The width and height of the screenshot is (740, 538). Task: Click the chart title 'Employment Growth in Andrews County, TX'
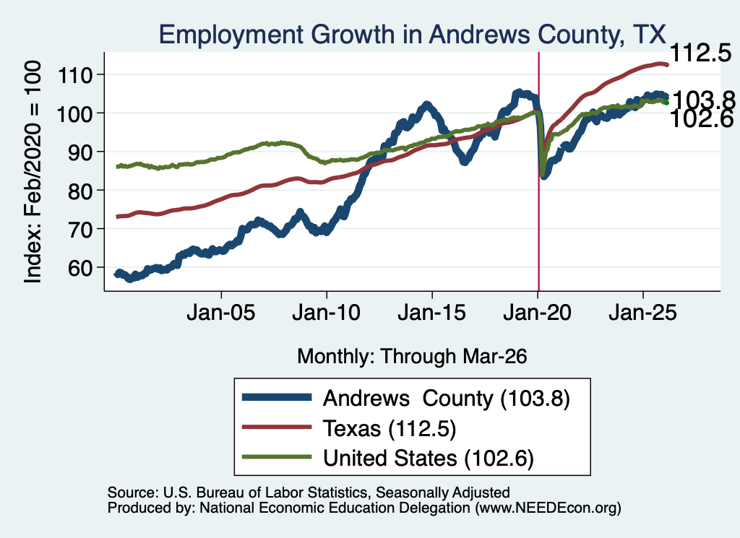pyautogui.click(x=412, y=35)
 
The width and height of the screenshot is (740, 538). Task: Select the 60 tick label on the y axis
pyautogui.click(x=80, y=268)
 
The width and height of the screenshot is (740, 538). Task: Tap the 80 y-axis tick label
pyautogui.click(x=80, y=191)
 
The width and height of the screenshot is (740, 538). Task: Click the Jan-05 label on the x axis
pyautogui.click(x=221, y=313)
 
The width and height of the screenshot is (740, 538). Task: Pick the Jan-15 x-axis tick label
pyautogui.click(x=432, y=313)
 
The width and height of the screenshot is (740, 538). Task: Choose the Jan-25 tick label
pyautogui.click(x=642, y=313)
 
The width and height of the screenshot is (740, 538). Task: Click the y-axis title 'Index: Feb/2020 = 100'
pyautogui.click(x=33, y=172)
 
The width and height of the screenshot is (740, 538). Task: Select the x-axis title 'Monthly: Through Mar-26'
pyautogui.click(x=412, y=357)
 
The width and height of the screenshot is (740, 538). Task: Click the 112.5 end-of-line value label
pyautogui.click(x=701, y=53)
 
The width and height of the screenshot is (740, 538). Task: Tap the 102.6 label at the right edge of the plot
pyautogui.click(x=701, y=119)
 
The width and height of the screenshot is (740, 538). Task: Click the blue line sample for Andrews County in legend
pyautogui.click(x=277, y=397)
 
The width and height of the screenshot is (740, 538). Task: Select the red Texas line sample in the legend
pyautogui.click(x=277, y=428)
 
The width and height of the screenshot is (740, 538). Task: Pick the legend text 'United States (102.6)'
pyautogui.click(x=429, y=458)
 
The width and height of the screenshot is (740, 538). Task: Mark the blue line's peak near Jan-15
pyautogui.click(x=426, y=105)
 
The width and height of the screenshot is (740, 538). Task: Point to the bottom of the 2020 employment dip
pyautogui.click(x=543, y=175)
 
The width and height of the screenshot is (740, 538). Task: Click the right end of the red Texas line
pyautogui.click(x=667, y=64)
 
